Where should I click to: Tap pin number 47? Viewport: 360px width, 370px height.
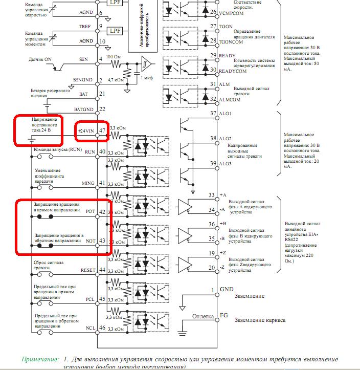pyautogui.click(x=102, y=131)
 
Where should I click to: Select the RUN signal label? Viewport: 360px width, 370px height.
pyautogui.click(x=90, y=151)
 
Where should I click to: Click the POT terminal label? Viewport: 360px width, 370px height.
pyautogui.click(x=91, y=211)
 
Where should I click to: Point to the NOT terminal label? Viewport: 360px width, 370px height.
pyautogui.click(x=90, y=241)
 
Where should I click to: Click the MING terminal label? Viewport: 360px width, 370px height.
pyautogui.click(x=88, y=183)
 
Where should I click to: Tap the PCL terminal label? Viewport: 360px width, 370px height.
pyautogui.click(x=90, y=299)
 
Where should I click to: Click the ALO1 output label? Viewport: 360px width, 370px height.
pyautogui.click(x=226, y=113)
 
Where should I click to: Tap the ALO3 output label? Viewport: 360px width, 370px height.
pyautogui.click(x=226, y=163)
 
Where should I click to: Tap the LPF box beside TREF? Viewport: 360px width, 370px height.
pyautogui.click(x=116, y=31)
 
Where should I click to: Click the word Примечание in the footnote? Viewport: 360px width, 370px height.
pyautogui.click(x=40, y=359)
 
